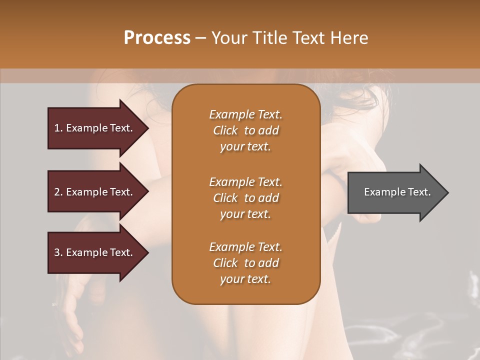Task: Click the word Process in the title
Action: (157, 38)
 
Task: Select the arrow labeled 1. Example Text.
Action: (95, 128)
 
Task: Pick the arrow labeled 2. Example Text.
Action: (95, 192)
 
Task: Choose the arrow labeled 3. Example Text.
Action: (95, 252)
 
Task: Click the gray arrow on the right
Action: (395, 192)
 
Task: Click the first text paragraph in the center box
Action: (245, 130)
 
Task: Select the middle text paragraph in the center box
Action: (245, 197)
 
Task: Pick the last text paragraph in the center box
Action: (245, 263)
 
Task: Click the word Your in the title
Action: (227, 38)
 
